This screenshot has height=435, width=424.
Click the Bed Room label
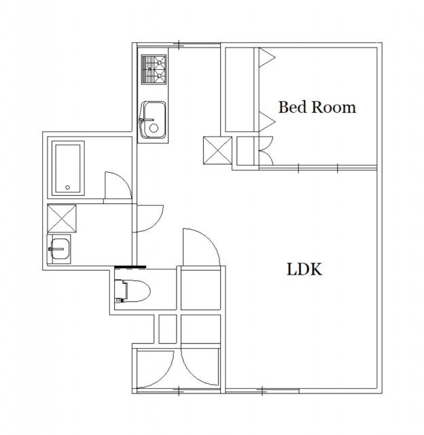317,107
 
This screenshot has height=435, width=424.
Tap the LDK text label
304,269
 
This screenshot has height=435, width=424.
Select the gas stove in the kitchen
154,69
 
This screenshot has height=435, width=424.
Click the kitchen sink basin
154,120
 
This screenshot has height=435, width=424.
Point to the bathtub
68,169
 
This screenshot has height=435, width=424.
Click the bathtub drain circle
67,188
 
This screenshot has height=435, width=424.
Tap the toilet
132,291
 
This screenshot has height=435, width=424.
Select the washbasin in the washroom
59,249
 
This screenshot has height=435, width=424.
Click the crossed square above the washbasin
62,218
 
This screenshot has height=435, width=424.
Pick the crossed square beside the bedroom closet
217,150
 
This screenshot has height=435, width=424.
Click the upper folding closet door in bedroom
267,57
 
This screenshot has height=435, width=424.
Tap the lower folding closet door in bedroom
267,121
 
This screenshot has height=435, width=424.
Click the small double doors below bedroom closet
266,151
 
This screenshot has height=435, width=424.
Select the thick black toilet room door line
130,267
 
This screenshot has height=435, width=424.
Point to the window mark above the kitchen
179,45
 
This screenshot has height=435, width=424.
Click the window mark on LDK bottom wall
262,391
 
